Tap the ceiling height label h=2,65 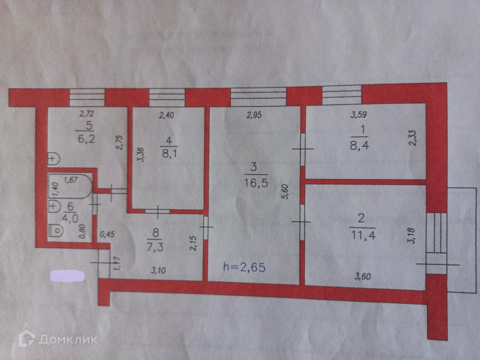(x=245, y=266)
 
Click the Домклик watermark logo (x=58, y=339)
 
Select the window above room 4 (x=167, y=97)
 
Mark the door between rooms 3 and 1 (x=302, y=149)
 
